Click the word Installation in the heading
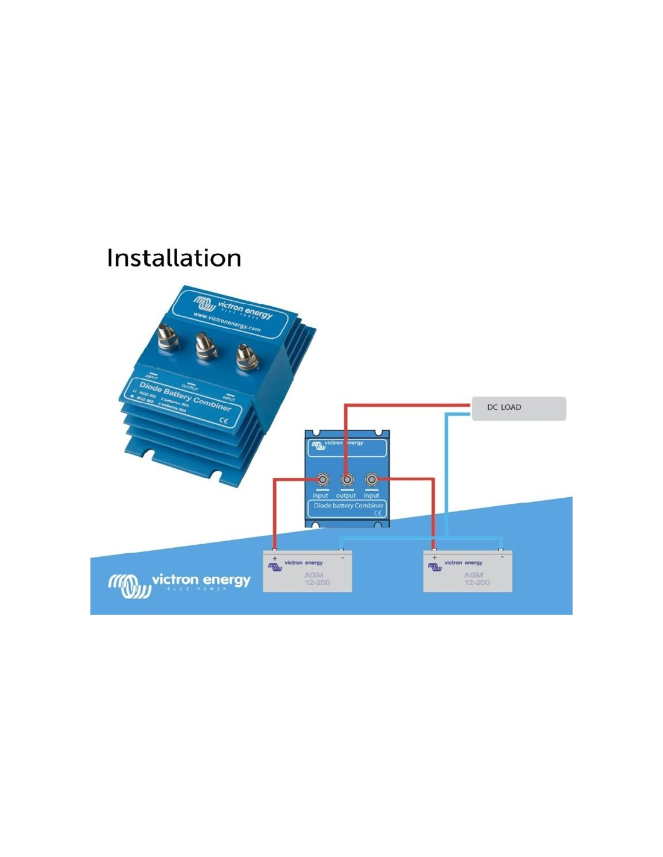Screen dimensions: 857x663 click(x=174, y=258)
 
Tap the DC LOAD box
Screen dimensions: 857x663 click(x=518, y=408)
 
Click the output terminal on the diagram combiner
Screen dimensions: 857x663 click(x=347, y=480)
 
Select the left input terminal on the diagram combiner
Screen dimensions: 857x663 click(x=322, y=480)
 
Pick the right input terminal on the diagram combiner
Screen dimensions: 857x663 click(x=371, y=480)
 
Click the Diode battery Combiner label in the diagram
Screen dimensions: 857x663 click(x=348, y=506)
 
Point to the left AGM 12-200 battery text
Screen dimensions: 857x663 click(x=316, y=579)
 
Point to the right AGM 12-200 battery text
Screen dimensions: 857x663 click(x=476, y=579)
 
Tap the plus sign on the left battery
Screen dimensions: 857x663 click(x=275, y=559)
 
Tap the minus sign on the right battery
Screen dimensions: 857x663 click(x=501, y=557)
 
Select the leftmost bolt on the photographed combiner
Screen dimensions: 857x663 click(x=166, y=337)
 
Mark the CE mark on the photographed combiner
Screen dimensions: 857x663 click(x=224, y=421)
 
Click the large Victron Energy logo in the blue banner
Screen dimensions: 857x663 click(x=179, y=583)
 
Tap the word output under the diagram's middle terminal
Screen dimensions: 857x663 click(x=346, y=495)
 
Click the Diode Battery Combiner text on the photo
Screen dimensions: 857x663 click(x=185, y=396)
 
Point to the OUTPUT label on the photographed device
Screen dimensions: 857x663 click(x=190, y=388)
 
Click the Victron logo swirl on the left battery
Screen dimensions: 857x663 click(x=275, y=567)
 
